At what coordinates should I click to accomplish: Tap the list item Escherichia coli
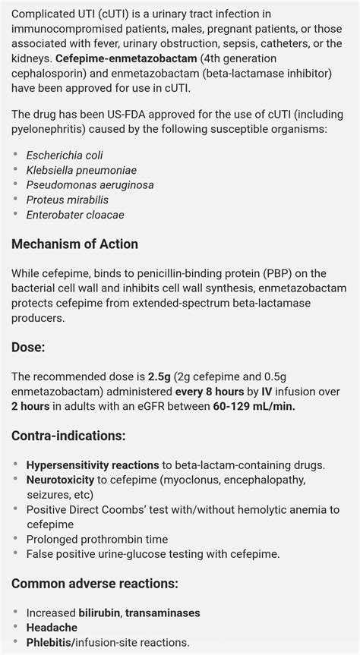[x=65, y=156]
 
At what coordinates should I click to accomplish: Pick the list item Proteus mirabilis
[x=67, y=200]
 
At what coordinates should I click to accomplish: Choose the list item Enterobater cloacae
[x=75, y=215]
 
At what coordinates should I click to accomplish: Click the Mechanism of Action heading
[x=74, y=244]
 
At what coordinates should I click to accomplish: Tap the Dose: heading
[x=29, y=347]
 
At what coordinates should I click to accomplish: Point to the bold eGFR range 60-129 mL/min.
[x=254, y=406]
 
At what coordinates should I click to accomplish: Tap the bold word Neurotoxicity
[x=60, y=480]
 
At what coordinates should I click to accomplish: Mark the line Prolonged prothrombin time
[x=97, y=539]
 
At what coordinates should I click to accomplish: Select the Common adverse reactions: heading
[x=95, y=584]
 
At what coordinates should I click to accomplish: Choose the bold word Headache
[x=52, y=628]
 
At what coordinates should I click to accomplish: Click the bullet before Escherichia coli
[x=16, y=156]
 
